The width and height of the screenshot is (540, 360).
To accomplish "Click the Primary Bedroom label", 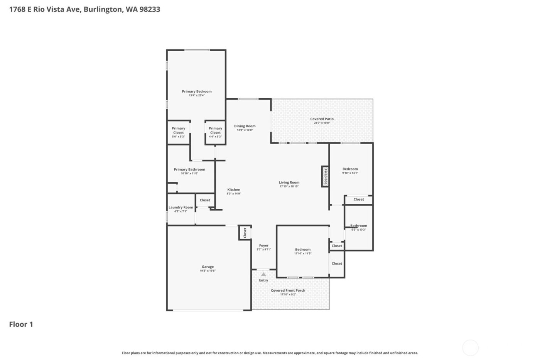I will tap(197, 91).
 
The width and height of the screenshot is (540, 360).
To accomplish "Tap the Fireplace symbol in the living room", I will tap(325, 177).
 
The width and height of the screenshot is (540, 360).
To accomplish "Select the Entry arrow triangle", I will tap(263, 274).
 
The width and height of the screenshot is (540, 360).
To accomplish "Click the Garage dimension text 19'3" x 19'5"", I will tap(208, 271).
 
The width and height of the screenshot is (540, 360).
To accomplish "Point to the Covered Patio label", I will tap(322, 119).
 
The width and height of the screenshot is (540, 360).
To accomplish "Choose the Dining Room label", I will tap(245, 126).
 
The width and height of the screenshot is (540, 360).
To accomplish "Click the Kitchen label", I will tap(234, 189).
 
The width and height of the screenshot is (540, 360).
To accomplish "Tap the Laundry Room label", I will tap(181, 207).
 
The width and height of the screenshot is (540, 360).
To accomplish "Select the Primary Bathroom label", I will tap(189, 169).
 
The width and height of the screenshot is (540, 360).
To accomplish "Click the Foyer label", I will tap(264, 245).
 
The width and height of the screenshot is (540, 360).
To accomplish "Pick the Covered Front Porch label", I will tap(288, 291).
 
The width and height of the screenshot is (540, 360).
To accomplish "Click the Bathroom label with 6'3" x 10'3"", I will tap(359, 226).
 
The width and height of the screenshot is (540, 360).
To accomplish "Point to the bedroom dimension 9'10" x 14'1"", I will tap(350, 173).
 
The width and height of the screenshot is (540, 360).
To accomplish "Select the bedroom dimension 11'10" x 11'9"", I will tap(303, 254).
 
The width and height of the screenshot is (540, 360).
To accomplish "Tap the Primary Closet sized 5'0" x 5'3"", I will tap(178, 132).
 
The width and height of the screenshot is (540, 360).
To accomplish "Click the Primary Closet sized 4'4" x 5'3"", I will tap(215, 132).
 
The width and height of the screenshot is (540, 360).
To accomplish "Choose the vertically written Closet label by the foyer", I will tap(245, 233).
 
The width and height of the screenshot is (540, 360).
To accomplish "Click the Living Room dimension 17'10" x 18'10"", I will tap(289, 186).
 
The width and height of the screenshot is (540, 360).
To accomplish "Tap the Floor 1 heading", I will tap(21, 324).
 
